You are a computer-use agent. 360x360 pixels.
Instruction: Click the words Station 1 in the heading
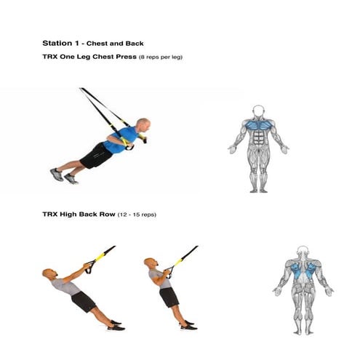click(x=60, y=44)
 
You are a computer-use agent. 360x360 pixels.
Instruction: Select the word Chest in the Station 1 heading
click(x=97, y=44)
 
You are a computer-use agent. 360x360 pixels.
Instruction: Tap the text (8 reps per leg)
click(x=161, y=57)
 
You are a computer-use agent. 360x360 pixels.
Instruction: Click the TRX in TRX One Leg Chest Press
click(x=50, y=57)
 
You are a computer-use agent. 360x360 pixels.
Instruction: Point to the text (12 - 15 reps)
click(x=137, y=215)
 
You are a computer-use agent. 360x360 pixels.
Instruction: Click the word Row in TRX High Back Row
click(x=108, y=215)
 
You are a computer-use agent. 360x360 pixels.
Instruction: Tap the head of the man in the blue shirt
click(x=143, y=124)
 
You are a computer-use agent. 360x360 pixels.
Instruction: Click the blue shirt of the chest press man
click(x=121, y=140)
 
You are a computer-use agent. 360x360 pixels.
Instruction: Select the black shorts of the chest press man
click(x=95, y=156)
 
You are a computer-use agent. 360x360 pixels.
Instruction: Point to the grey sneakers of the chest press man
click(x=63, y=176)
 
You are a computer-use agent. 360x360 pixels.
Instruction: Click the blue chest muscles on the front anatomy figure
click(x=258, y=125)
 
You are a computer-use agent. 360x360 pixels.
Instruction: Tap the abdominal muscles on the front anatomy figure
click(x=258, y=137)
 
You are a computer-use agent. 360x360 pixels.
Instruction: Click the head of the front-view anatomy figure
click(x=258, y=111)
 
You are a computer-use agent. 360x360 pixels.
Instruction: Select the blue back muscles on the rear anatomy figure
click(x=303, y=270)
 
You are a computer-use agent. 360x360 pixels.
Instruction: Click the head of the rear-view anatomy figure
click(x=303, y=252)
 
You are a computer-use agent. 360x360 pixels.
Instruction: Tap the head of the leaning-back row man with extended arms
click(x=49, y=274)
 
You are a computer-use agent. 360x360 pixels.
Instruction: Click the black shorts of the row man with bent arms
click(x=169, y=297)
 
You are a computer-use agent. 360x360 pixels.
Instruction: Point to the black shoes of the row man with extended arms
click(x=116, y=325)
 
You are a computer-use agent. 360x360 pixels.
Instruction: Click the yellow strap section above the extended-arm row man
click(x=100, y=257)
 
